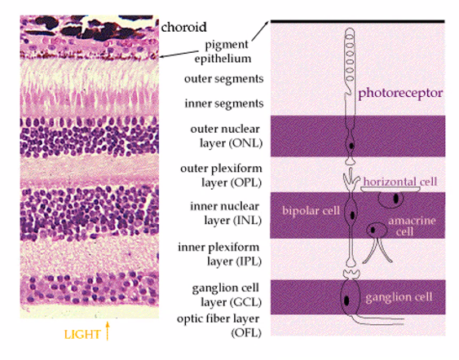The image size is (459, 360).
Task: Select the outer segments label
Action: [x=225, y=79]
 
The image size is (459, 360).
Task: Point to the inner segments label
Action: [x=225, y=103]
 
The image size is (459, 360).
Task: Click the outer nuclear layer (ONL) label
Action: [x=225, y=134]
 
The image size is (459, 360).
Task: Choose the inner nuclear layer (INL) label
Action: [x=225, y=213]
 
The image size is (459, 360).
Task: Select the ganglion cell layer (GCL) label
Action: [x=225, y=292]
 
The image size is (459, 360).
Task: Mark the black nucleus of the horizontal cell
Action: [x=395, y=198]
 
